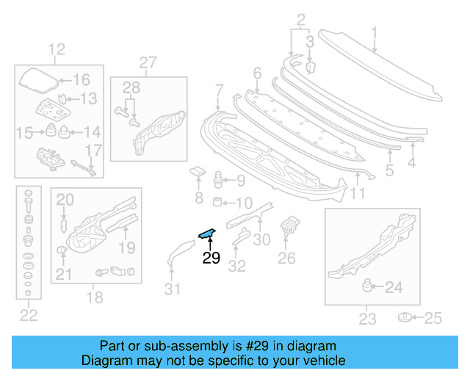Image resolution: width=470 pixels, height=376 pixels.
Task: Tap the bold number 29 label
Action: coord(211,258)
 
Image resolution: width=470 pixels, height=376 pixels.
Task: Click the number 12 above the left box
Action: coord(57,50)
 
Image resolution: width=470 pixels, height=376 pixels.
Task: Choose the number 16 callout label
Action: coord(80,80)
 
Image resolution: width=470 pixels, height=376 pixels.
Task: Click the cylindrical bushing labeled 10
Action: coord(218,202)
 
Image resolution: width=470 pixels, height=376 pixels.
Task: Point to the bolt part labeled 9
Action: coord(217,179)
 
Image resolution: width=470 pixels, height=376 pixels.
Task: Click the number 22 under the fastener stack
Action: coord(28,317)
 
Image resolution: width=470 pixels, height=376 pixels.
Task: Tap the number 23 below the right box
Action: coord(367,319)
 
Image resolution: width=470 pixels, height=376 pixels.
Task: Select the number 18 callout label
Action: coord(95,297)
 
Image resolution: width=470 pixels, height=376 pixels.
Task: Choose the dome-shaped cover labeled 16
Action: coord(37,79)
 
